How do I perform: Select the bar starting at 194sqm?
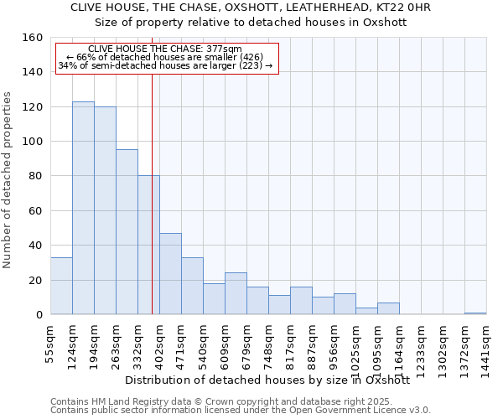pos(105,210)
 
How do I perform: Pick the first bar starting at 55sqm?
pos(61,286)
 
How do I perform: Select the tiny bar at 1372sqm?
pos(475,313)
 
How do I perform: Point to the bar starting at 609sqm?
pos(236,293)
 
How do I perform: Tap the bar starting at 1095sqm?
pos(388,308)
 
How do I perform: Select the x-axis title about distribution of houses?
pos(267,380)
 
